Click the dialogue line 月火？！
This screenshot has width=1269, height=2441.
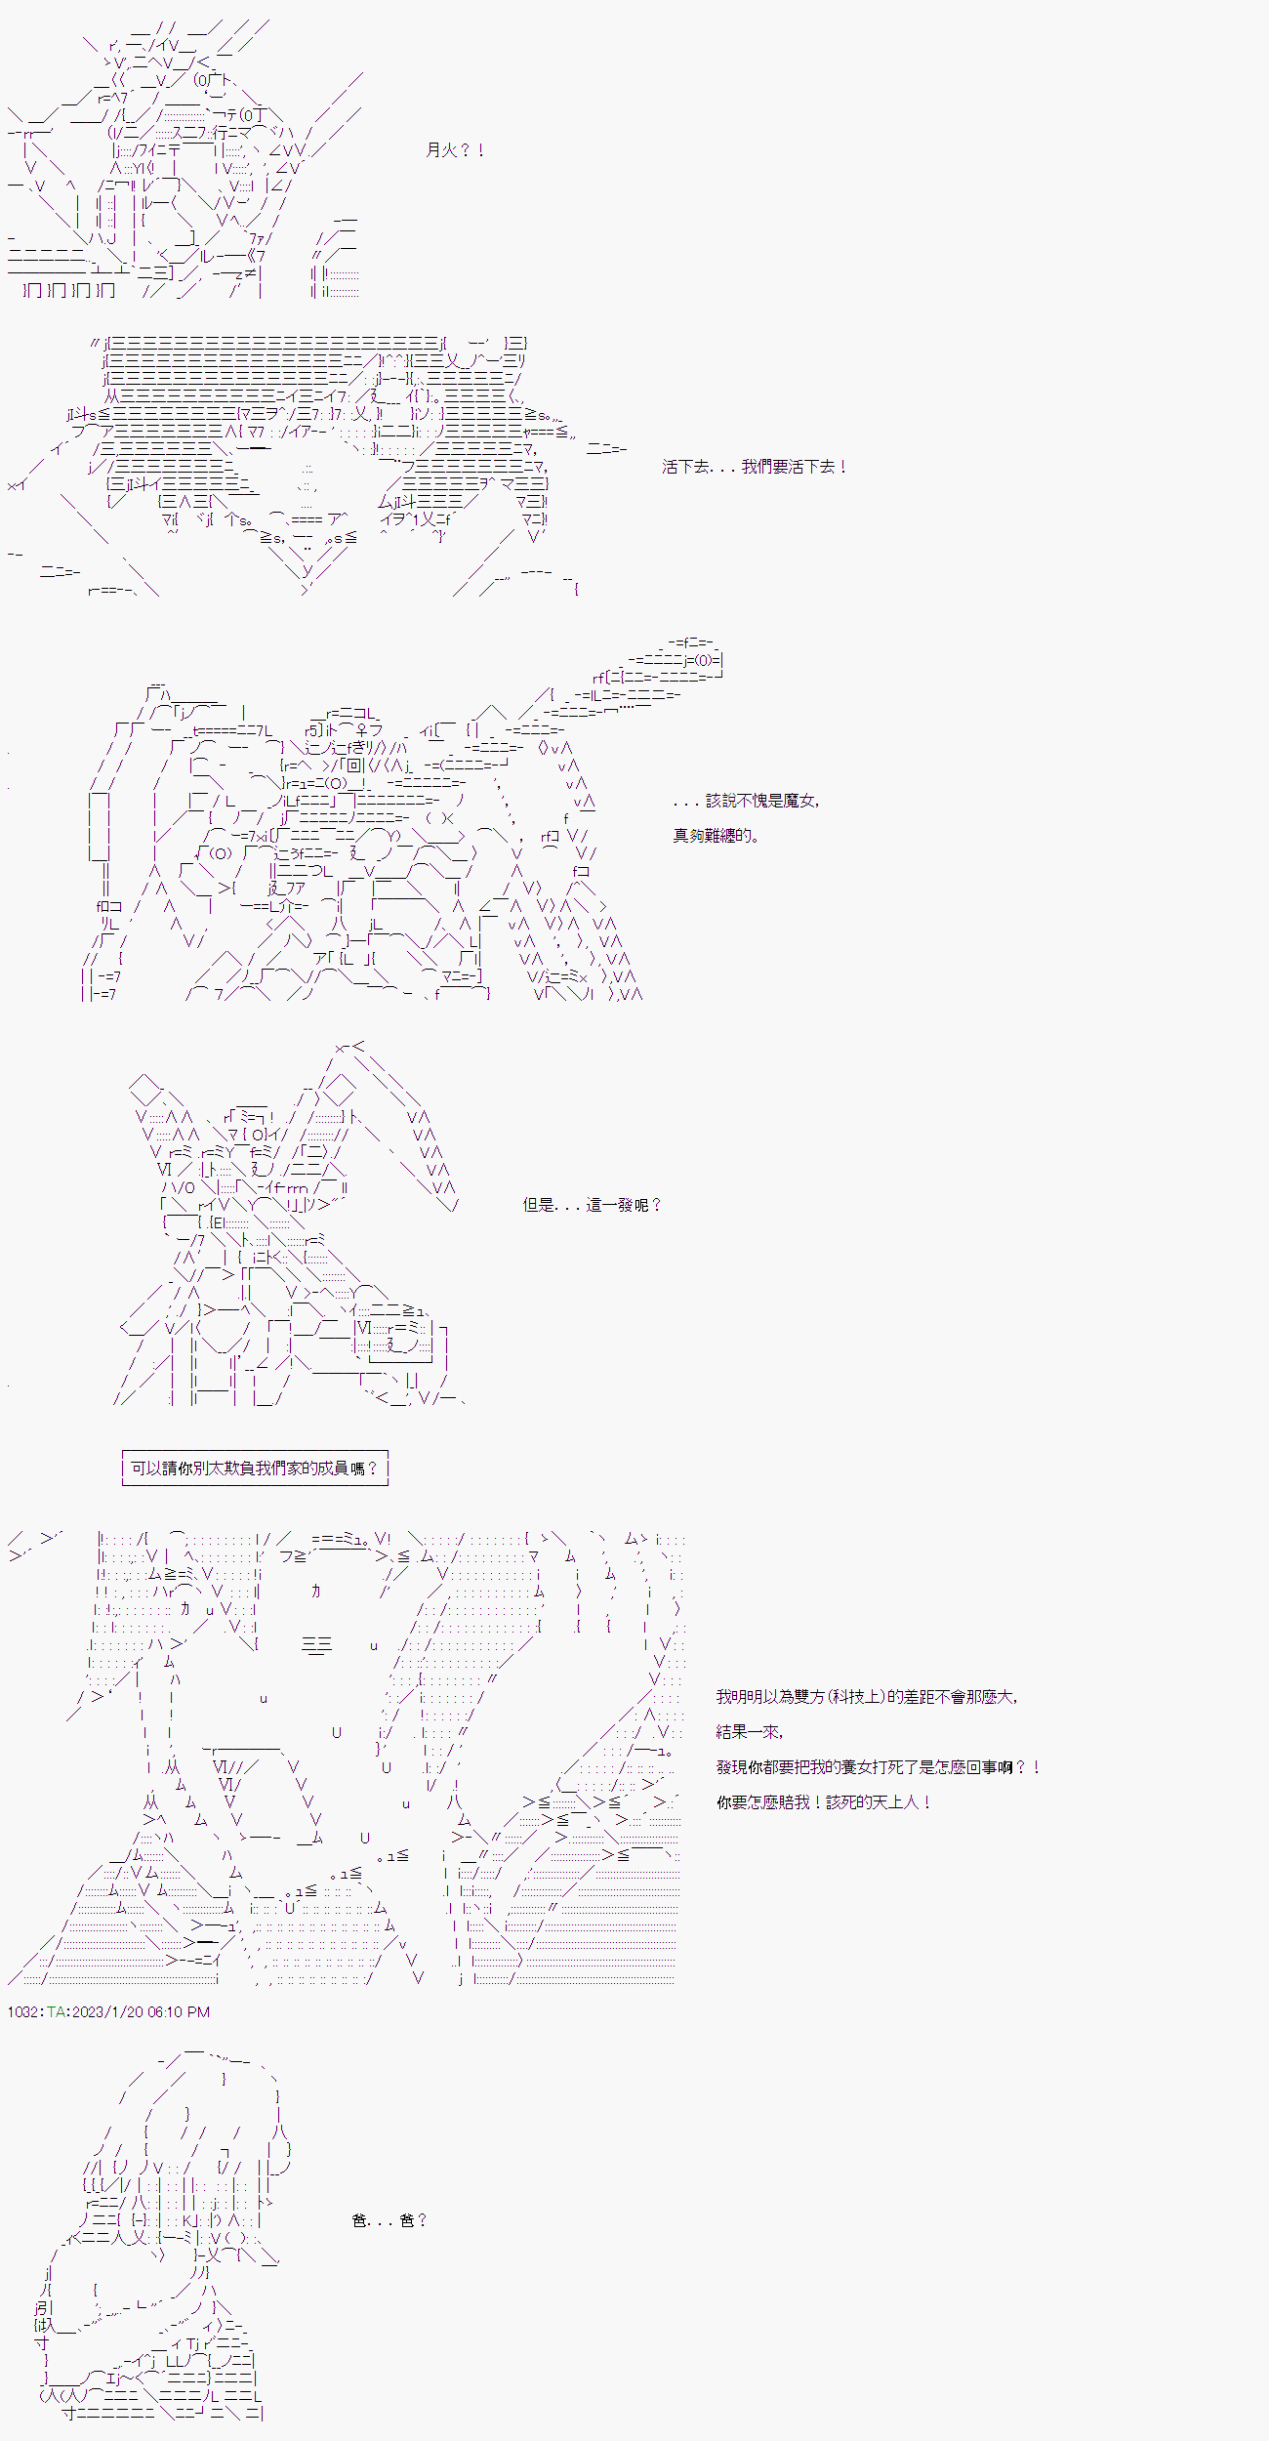[456, 150]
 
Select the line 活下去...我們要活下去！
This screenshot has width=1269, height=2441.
[755, 467]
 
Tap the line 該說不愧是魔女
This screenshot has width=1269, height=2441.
[747, 801]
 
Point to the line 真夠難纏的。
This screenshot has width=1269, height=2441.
[716, 836]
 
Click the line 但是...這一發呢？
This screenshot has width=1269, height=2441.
[593, 1205]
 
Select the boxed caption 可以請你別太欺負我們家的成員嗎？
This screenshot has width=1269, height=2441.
[255, 1469]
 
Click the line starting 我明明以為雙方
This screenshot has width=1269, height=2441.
[867, 1697]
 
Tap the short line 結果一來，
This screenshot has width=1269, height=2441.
[750, 1732]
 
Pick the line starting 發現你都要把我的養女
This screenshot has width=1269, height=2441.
[879, 1767]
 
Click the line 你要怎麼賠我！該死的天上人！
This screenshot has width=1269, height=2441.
[824, 1802]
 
